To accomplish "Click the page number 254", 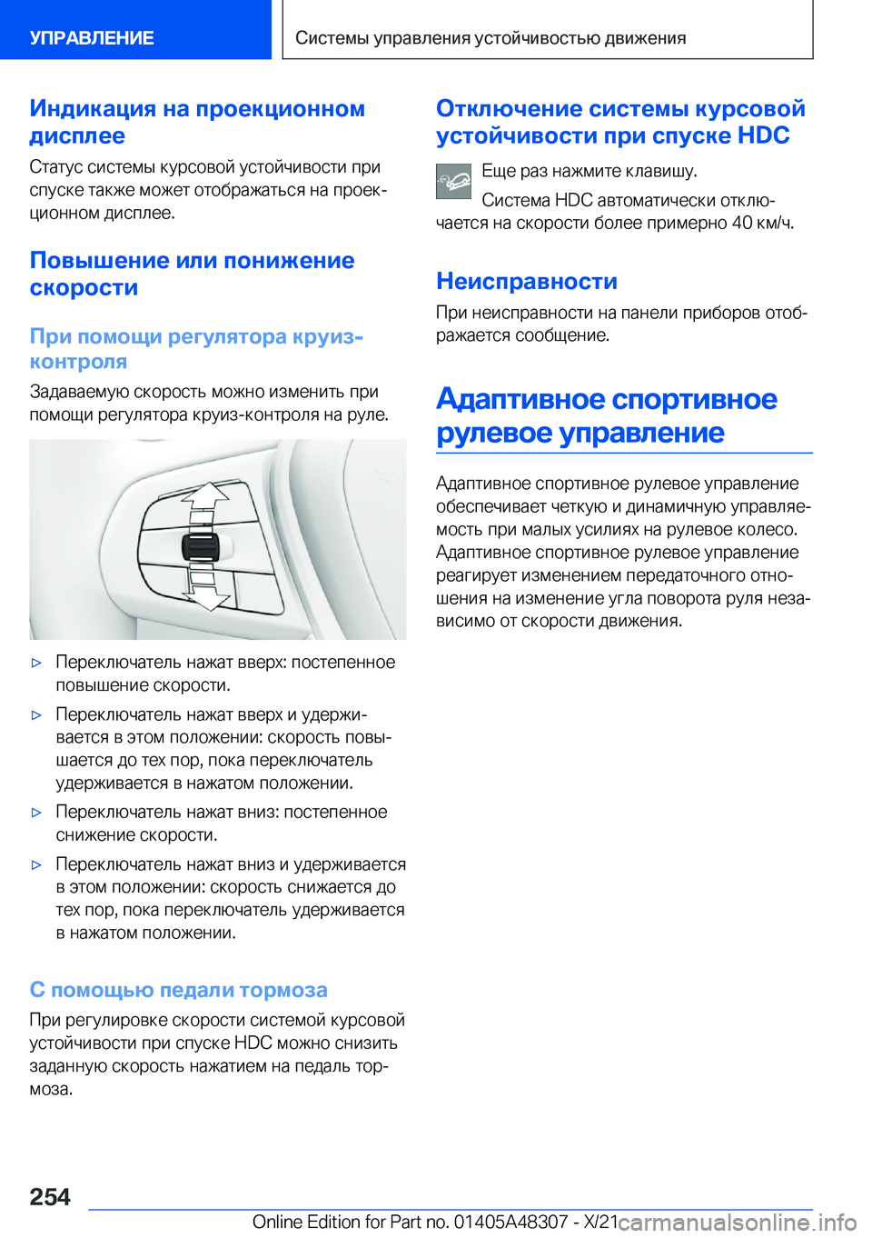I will click(x=50, y=1196).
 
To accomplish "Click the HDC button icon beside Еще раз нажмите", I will click(x=453, y=181).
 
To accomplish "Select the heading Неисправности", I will click(x=526, y=281).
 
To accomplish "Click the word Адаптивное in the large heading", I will click(x=520, y=399).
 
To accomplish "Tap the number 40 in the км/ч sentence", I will click(x=741, y=223).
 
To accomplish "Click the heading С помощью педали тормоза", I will click(x=178, y=990).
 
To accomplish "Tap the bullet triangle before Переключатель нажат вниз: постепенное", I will click(x=37, y=813).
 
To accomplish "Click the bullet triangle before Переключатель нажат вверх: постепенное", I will click(x=37, y=663).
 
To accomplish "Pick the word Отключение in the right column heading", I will click(x=509, y=109).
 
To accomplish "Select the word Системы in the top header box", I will click(x=332, y=38).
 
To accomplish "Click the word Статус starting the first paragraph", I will click(x=55, y=167).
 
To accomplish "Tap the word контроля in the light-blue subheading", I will click(x=78, y=362).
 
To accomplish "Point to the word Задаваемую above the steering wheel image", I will click(x=79, y=392).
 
